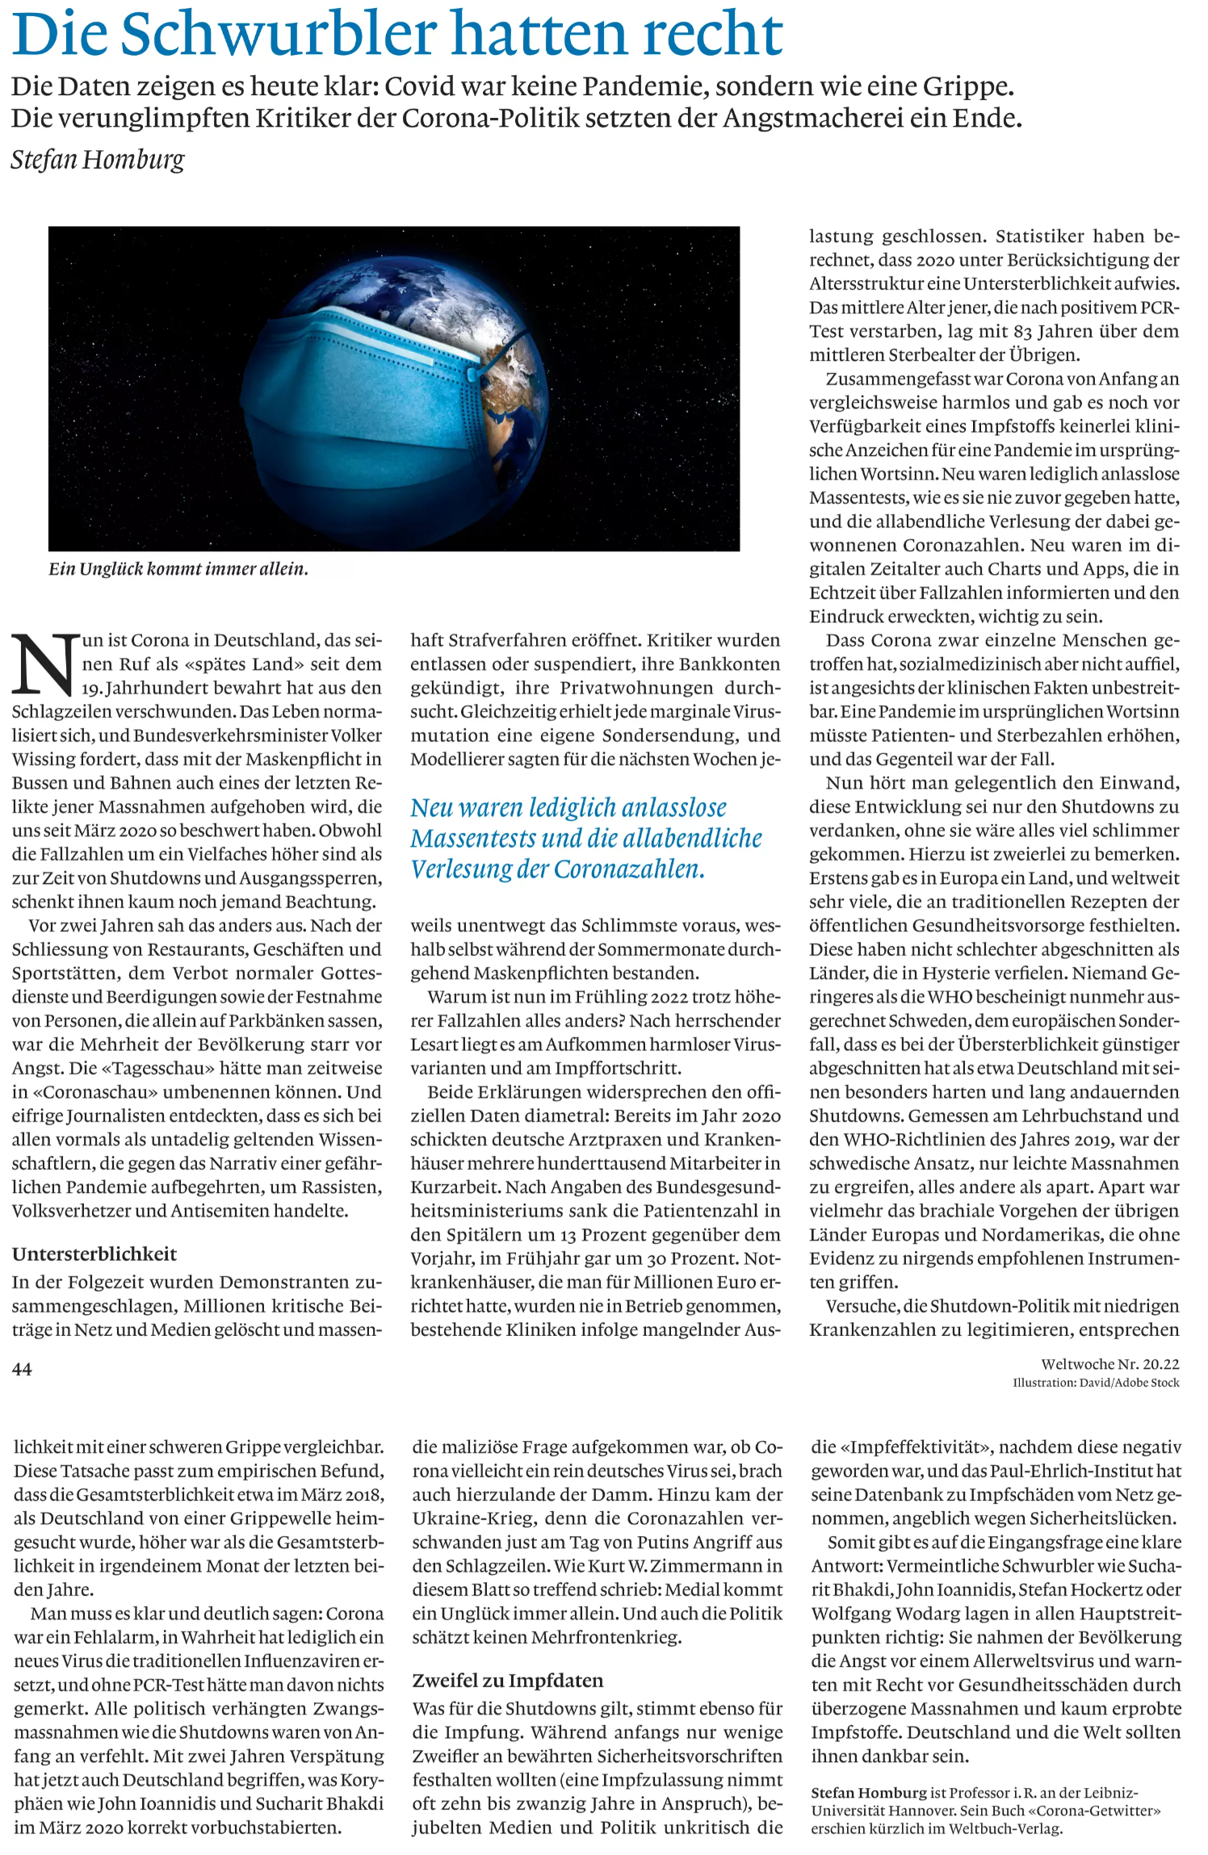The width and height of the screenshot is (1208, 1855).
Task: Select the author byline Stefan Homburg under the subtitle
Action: pyautogui.click(x=98, y=159)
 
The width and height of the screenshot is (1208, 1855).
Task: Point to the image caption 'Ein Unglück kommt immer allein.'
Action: pyautogui.click(x=178, y=569)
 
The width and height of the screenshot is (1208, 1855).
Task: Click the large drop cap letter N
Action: pyautogui.click(x=45, y=664)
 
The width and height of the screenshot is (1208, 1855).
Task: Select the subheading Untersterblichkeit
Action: pyautogui.click(x=94, y=1254)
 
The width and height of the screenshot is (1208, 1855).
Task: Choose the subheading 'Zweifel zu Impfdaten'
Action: pyautogui.click(x=508, y=1681)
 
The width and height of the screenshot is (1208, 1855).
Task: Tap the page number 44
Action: pyautogui.click(x=22, y=1369)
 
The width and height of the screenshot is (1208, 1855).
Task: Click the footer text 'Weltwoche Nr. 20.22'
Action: pyautogui.click(x=1110, y=1364)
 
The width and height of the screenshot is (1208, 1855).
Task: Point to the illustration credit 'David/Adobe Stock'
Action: pyautogui.click(x=1130, y=1383)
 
